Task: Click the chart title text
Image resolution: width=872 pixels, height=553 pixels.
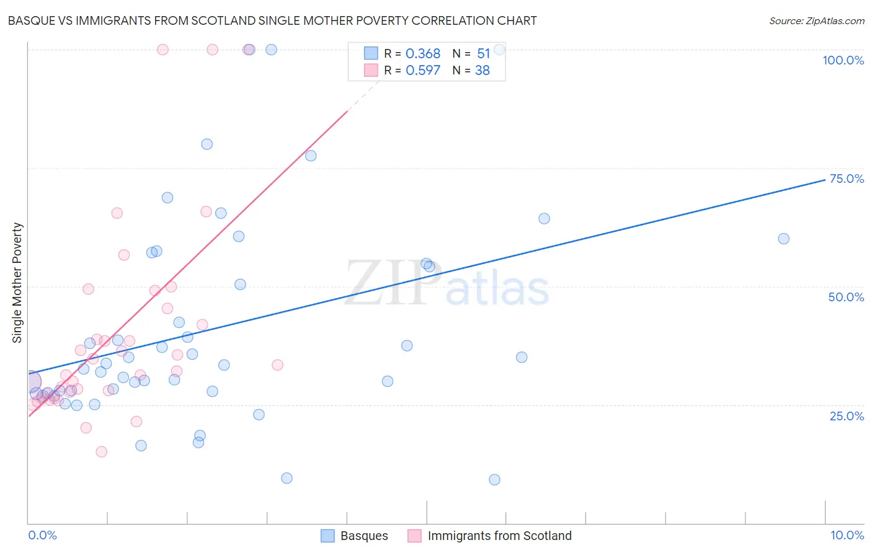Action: [x=272, y=20]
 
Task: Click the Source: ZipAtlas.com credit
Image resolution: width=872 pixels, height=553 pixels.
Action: [x=816, y=20]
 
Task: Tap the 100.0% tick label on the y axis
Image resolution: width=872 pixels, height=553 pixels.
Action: [x=843, y=60]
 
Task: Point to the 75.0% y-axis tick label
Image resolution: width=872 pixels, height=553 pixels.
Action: [x=847, y=179]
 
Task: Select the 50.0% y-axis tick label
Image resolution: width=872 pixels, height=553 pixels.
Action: [x=846, y=297]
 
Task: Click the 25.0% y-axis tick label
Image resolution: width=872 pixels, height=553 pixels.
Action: [x=847, y=415]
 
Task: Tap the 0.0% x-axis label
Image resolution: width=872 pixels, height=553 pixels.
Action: [x=42, y=535]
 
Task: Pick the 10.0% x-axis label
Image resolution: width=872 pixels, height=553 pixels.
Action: [x=847, y=535]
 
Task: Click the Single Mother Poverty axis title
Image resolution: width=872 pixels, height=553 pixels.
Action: [x=17, y=283]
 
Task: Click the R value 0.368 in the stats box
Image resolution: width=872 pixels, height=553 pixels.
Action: [x=423, y=54]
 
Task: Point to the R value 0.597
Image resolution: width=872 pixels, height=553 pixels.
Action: [x=423, y=71]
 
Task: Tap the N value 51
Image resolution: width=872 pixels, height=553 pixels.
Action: [x=483, y=54]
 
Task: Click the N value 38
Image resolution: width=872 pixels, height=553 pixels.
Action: [x=483, y=71]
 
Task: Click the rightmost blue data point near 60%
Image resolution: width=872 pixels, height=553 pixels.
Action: [x=783, y=239]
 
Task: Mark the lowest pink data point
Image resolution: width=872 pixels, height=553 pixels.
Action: [x=102, y=451]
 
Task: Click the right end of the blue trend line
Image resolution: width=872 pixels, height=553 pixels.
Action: [x=825, y=180]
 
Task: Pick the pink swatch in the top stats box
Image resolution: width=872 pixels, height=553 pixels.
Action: [x=371, y=70]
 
